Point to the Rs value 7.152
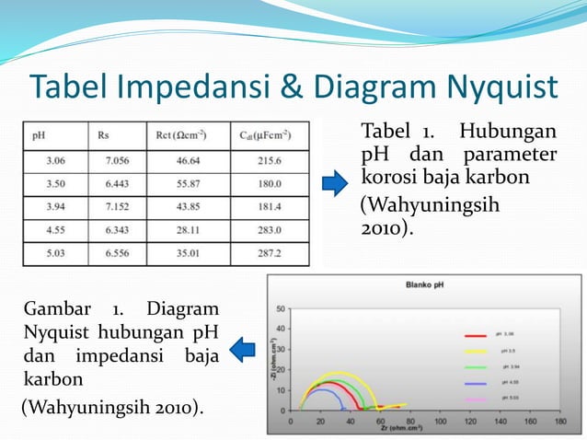pyautogui.click(x=118, y=205)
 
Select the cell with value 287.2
pyautogui.click(x=267, y=251)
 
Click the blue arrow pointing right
pyautogui.click(x=334, y=182)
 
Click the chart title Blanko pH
pyautogui.click(x=425, y=284)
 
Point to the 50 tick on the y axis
pyautogui.click(x=280, y=309)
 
